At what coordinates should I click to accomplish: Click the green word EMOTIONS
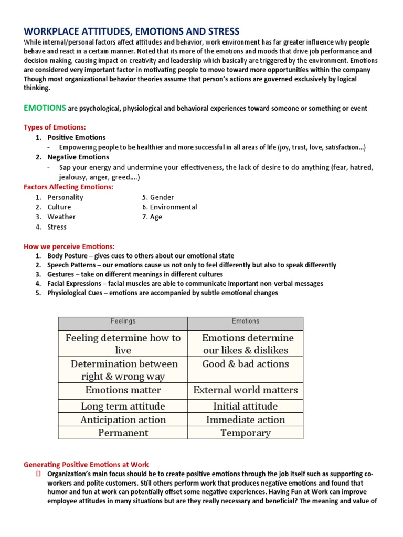click(45, 108)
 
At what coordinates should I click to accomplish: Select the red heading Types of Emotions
click(55, 127)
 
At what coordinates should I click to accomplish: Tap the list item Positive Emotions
click(77, 137)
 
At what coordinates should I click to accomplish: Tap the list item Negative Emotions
click(78, 157)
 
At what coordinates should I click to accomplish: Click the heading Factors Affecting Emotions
click(68, 187)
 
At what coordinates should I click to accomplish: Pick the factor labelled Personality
click(65, 197)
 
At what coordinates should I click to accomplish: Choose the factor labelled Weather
click(61, 217)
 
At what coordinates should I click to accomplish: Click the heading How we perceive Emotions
click(69, 246)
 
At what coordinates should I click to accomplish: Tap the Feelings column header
click(123, 321)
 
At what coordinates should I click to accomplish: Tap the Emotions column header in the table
click(245, 321)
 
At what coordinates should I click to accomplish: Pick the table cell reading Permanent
click(123, 433)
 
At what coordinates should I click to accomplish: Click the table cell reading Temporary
click(245, 433)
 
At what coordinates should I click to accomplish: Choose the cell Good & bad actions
click(245, 364)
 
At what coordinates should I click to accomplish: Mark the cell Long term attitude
click(123, 406)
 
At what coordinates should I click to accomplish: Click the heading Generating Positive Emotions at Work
click(86, 465)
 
